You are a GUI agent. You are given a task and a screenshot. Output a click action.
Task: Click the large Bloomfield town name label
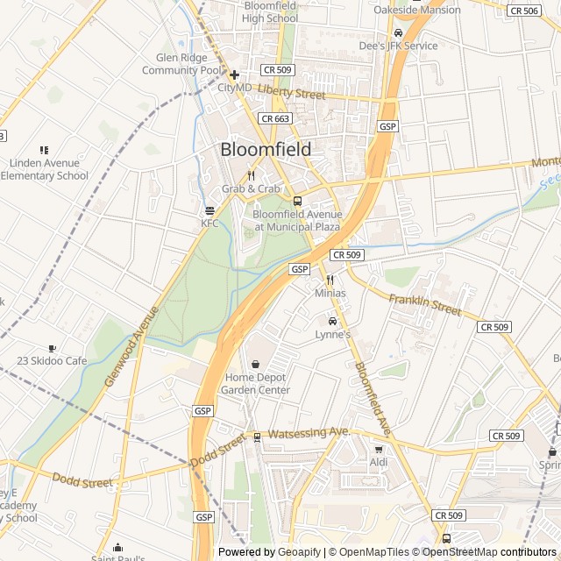click(265, 150)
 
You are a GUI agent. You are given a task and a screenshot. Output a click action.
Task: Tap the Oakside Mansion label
click(416, 10)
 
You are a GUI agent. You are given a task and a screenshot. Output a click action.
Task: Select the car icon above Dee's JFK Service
click(398, 32)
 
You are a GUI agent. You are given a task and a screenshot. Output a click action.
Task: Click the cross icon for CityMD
click(234, 75)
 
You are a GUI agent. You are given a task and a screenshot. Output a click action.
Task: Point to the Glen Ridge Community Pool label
click(182, 64)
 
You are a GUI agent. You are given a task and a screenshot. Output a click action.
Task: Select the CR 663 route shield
click(274, 117)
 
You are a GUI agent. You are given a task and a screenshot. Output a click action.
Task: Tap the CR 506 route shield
click(524, 11)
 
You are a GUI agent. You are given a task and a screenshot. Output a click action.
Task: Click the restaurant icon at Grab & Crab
click(251, 175)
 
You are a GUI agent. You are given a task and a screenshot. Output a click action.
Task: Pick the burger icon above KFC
click(209, 210)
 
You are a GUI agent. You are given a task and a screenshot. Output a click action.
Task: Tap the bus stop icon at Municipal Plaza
click(297, 201)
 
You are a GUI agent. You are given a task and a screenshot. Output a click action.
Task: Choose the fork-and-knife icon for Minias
click(330, 280)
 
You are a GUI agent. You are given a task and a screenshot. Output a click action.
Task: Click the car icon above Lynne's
click(332, 321)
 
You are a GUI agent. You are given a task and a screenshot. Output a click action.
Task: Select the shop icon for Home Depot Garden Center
click(256, 364)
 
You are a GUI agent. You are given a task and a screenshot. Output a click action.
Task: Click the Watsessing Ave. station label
click(309, 433)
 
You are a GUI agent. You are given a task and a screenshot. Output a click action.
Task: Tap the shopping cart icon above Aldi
click(379, 449)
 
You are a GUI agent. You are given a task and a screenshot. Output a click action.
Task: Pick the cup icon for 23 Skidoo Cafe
click(53, 348)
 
